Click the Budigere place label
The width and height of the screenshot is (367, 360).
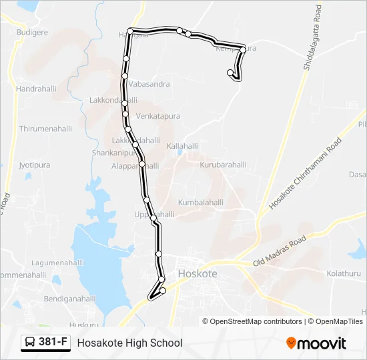coord(32,32)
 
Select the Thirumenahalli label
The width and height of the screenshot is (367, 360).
coord(45,129)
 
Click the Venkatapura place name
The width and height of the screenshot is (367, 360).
coord(158,116)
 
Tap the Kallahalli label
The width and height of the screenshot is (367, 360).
coord(182,145)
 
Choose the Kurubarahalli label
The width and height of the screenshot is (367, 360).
coord(223,165)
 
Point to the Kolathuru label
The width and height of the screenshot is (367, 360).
coord(344,274)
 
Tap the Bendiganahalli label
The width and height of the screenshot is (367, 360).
coord(70,299)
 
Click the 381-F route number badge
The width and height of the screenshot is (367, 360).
coord(46,342)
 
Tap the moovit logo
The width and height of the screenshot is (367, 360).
coord(316,343)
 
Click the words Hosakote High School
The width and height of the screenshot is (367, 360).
coord(129,343)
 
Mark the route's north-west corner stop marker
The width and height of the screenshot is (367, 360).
coord(131,31)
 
